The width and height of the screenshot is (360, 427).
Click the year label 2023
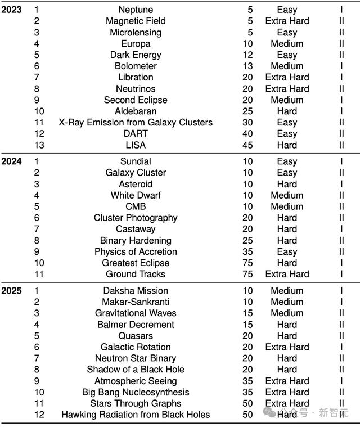click(11, 10)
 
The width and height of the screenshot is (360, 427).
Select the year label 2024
click(11, 161)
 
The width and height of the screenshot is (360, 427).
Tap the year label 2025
click(11, 291)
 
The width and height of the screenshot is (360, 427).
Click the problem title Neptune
click(136, 10)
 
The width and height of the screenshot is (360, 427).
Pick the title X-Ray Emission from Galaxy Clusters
click(136, 122)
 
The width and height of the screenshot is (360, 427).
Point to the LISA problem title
click(136, 145)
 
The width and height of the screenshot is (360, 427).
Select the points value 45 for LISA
click(247, 145)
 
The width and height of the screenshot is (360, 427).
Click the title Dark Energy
click(136, 55)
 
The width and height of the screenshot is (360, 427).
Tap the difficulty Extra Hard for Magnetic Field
click(287, 21)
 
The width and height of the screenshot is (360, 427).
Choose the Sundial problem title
click(136, 161)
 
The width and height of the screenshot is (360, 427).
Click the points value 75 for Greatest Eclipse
click(247, 263)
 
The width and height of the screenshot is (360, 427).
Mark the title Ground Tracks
click(136, 274)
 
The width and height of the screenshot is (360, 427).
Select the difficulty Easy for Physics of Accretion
click(287, 251)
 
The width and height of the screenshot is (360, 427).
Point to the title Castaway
click(136, 229)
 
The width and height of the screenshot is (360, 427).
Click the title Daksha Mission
click(136, 291)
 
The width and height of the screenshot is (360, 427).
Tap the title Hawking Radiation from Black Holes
click(136, 415)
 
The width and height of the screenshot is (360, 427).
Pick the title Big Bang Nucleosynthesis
click(136, 392)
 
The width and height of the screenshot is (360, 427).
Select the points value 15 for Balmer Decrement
click(247, 325)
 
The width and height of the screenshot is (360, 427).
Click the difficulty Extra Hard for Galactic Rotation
click(287, 347)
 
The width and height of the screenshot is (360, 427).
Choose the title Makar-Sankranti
click(136, 302)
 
